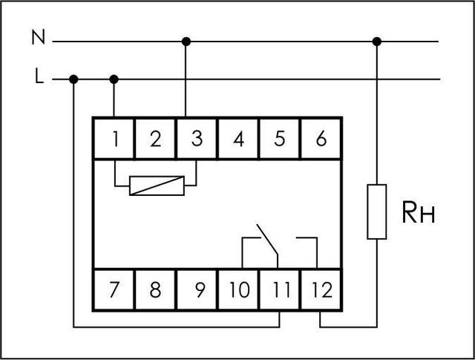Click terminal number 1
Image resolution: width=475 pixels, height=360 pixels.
pos(114,138)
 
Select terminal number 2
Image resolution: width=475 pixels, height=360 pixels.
pos(155,138)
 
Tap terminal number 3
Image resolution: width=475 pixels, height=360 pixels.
pos(197,138)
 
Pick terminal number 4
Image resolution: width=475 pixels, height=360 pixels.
pos(238,138)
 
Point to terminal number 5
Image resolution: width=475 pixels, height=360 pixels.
pos(280,138)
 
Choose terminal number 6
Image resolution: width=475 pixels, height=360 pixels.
pos(321,138)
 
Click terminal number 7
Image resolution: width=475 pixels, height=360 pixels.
pos(114,289)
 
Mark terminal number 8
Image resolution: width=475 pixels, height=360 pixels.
pos(155,289)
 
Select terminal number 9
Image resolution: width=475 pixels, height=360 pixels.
pos(197,289)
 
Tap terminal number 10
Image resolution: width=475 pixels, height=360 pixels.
pos(238,289)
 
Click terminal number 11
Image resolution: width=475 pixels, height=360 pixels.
pos(280,289)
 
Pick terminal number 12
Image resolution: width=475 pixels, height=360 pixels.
pos(321,289)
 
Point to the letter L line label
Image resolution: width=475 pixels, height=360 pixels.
pos(38,77)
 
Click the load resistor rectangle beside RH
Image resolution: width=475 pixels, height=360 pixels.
pos(377,212)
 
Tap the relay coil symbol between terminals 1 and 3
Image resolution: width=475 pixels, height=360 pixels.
pos(155,185)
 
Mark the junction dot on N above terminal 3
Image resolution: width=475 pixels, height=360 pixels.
pos(186,41)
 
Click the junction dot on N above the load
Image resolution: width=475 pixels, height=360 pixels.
pos(377,41)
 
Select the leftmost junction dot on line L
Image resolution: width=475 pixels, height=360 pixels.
pos(73,79)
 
